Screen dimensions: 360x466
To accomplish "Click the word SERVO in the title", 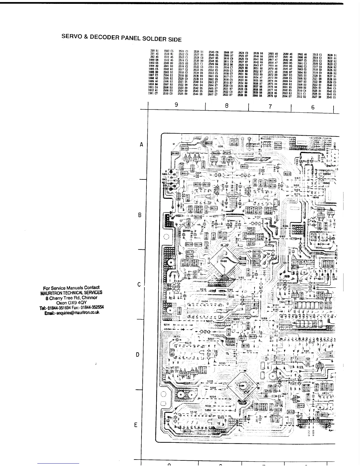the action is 70,36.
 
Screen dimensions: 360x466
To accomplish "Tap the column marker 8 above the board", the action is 226,105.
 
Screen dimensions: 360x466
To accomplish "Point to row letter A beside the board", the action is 141,144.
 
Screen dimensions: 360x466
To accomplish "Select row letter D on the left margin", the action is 137,355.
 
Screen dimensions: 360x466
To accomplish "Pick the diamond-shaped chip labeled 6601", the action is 242,386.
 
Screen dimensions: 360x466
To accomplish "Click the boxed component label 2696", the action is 175,153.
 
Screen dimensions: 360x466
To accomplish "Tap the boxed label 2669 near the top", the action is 209,143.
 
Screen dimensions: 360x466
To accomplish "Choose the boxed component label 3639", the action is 245,346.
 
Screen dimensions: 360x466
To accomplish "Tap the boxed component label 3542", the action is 291,412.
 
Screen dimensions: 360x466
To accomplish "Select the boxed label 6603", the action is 279,403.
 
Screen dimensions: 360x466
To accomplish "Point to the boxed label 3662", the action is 244,167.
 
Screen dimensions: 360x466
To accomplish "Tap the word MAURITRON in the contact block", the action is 51,293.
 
